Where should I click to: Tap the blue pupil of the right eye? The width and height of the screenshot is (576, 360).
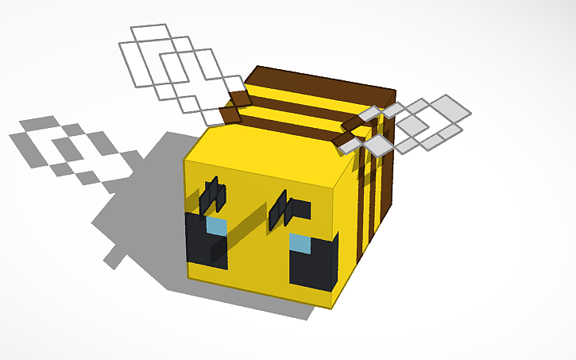point(300,242)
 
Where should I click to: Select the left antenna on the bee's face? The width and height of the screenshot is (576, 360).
point(212,195)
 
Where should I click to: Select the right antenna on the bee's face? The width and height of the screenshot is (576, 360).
point(282,210)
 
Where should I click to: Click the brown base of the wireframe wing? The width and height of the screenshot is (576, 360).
point(234,107)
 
